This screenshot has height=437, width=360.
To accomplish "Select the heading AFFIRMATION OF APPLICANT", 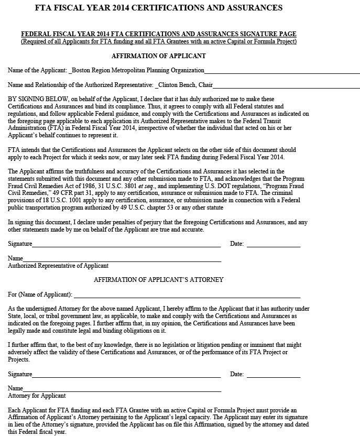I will click(x=158, y=56).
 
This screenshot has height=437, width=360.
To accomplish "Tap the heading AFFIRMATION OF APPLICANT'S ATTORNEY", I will click(x=158, y=280).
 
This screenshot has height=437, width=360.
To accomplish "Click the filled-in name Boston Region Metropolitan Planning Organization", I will click(x=138, y=70).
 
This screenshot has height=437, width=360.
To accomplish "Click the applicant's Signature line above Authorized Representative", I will click(x=126, y=244).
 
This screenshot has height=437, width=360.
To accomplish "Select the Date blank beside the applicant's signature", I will click(x=273, y=244).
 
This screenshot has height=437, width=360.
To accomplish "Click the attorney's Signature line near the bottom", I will click(x=126, y=375).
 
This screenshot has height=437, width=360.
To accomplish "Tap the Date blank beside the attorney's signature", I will click(x=273, y=375).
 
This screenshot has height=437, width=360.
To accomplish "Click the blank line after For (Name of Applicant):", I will click(x=187, y=295).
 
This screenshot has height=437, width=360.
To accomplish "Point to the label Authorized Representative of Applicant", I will click(x=58, y=266).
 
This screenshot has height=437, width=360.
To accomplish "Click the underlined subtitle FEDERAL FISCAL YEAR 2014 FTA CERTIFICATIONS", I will click(x=158, y=35).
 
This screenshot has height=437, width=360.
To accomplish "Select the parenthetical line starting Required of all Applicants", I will click(x=158, y=41).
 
